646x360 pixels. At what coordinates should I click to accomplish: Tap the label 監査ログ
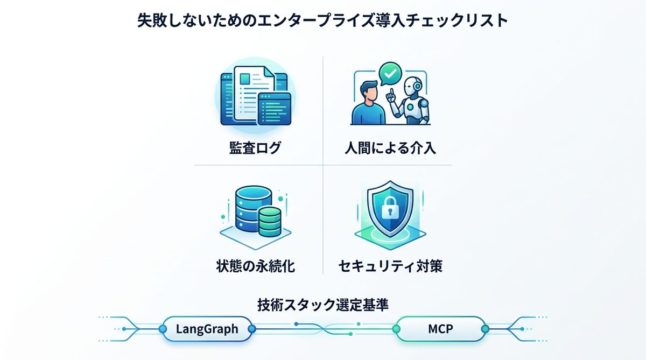tap(255, 147)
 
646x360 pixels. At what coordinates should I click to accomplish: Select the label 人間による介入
tap(390, 148)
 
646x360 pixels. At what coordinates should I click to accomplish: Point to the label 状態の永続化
tap(256, 266)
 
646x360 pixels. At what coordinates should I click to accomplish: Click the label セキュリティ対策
tap(390, 266)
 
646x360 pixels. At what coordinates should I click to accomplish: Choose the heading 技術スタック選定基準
tap(322, 305)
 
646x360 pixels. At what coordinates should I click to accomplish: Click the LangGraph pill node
tap(207, 329)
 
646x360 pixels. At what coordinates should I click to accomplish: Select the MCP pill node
tap(440, 329)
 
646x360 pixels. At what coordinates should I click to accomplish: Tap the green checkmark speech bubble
tap(390, 74)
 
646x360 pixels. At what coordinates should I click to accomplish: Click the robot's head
tap(413, 86)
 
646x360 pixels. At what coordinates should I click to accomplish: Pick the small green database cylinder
tap(270, 222)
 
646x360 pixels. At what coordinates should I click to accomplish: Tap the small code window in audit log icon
tap(274, 109)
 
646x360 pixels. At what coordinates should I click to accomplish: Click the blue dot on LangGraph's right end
tap(252, 329)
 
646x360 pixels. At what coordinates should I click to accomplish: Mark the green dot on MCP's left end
tap(397, 329)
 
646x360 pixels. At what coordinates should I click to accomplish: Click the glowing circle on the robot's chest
tap(411, 107)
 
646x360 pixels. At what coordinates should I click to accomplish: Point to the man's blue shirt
tap(368, 114)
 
